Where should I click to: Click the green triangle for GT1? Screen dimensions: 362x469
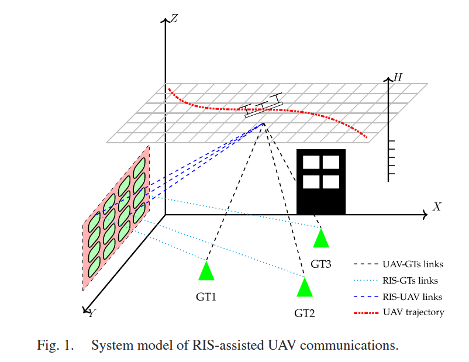(206, 273)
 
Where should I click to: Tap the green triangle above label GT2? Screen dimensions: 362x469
(305, 288)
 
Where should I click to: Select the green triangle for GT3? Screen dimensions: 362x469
(321, 239)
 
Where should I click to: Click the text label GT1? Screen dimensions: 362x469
(206, 297)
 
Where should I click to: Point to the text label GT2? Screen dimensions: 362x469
(305, 313)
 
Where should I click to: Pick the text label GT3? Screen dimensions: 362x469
(321, 264)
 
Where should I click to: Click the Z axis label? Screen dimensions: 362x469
(174, 19)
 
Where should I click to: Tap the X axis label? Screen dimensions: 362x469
(436, 206)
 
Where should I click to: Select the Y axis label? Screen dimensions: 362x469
(92, 313)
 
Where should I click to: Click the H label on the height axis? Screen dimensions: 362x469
(398, 77)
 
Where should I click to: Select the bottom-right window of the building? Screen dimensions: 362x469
(331, 181)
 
